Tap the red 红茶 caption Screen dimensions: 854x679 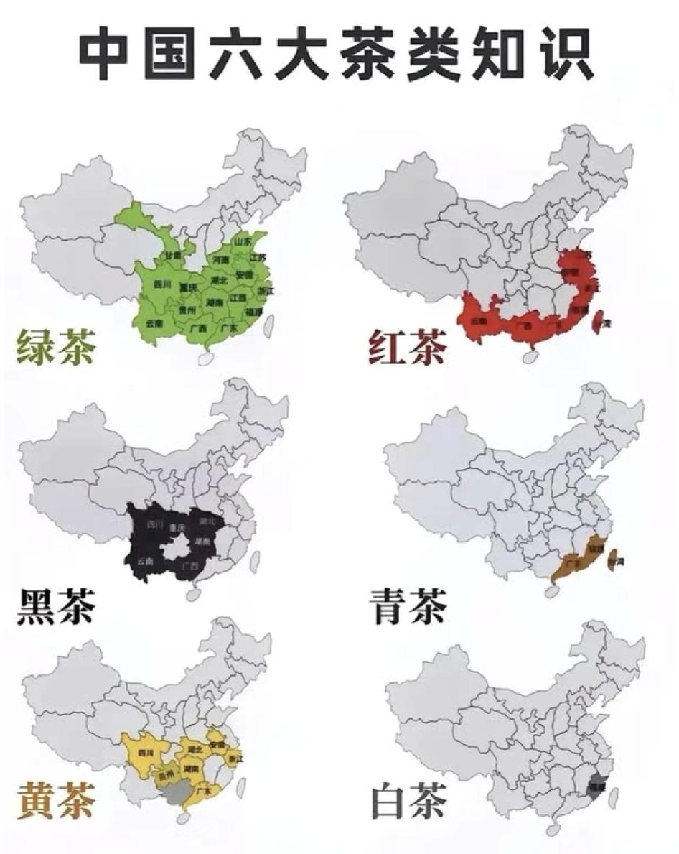click(406, 347)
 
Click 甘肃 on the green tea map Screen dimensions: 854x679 click(172, 256)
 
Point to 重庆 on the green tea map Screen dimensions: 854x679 click(189, 287)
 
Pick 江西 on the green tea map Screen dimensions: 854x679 click(237, 297)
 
